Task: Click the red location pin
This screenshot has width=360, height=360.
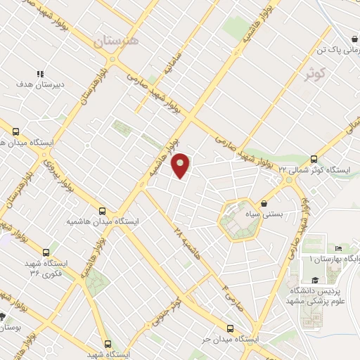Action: (x=181, y=165)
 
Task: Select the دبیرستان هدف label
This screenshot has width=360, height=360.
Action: (x=40, y=84)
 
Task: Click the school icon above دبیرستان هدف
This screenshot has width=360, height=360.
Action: (x=40, y=73)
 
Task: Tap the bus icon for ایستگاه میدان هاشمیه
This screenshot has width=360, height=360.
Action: (x=103, y=210)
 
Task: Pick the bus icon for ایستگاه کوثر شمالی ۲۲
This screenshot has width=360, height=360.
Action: (x=314, y=159)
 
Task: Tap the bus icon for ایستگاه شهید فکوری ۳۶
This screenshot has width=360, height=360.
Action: (x=47, y=252)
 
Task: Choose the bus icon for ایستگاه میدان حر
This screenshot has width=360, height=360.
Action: (x=231, y=328)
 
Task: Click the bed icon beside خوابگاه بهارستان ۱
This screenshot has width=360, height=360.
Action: (x=338, y=248)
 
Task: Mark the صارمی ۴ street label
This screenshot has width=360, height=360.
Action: (x=229, y=295)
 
